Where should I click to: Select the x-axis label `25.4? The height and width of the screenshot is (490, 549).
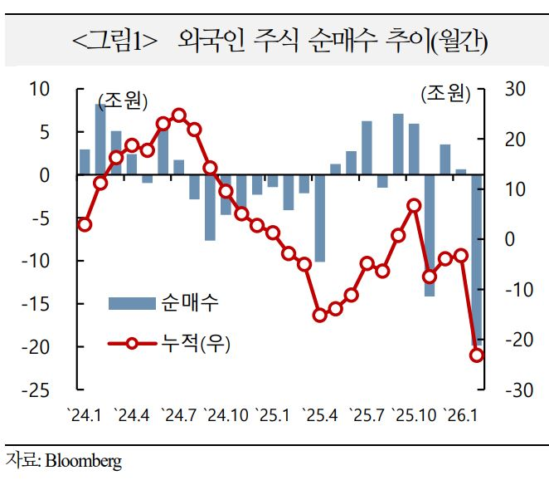[x=320, y=413]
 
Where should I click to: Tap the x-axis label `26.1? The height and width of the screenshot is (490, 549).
[x=461, y=413]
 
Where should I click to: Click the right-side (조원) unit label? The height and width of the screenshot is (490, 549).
[x=444, y=95]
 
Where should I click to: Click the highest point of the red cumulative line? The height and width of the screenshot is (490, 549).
[x=179, y=115]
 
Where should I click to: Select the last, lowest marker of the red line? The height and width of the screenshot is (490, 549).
[x=477, y=355]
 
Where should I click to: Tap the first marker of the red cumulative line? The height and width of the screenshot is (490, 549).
[x=85, y=224]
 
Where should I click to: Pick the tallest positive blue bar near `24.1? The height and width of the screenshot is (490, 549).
[x=100, y=140]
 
